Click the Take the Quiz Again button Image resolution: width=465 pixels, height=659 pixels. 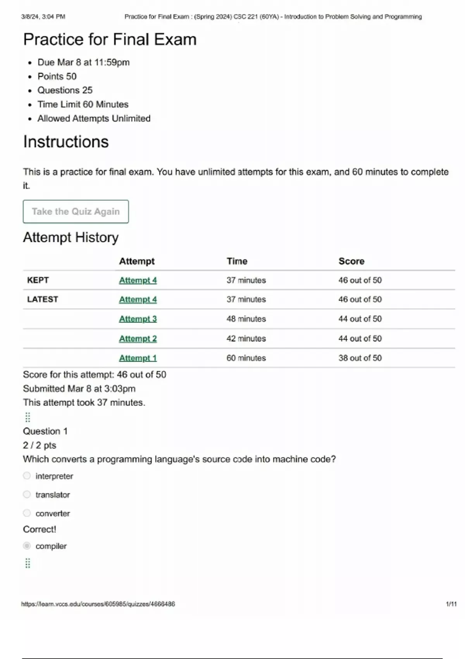(x=76, y=212)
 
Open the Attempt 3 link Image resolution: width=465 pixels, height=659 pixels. (x=138, y=319)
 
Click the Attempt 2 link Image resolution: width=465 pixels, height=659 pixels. (x=138, y=339)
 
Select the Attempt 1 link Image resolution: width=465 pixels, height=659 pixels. (x=138, y=358)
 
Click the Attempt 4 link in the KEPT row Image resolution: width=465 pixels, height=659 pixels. (x=138, y=280)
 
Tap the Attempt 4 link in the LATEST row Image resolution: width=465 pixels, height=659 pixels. (x=138, y=300)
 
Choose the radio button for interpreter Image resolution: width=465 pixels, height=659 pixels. (x=27, y=476)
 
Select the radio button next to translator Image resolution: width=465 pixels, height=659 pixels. (x=27, y=494)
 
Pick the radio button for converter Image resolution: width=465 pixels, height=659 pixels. (x=27, y=513)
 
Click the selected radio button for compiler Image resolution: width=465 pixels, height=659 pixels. (x=27, y=546)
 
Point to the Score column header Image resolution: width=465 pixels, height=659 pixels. (x=351, y=261)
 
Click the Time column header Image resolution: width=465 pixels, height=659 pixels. (x=237, y=261)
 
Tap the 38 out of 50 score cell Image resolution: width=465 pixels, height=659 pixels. (x=360, y=358)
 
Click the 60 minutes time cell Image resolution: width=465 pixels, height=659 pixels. (x=246, y=358)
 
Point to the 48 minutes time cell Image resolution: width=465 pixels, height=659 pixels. (x=246, y=319)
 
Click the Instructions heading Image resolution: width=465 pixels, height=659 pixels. (x=66, y=142)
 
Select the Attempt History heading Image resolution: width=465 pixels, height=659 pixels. (x=71, y=237)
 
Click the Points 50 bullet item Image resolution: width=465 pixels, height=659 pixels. (x=57, y=76)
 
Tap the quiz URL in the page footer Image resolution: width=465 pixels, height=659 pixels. (x=98, y=604)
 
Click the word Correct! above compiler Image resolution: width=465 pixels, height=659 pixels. (x=40, y=530)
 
